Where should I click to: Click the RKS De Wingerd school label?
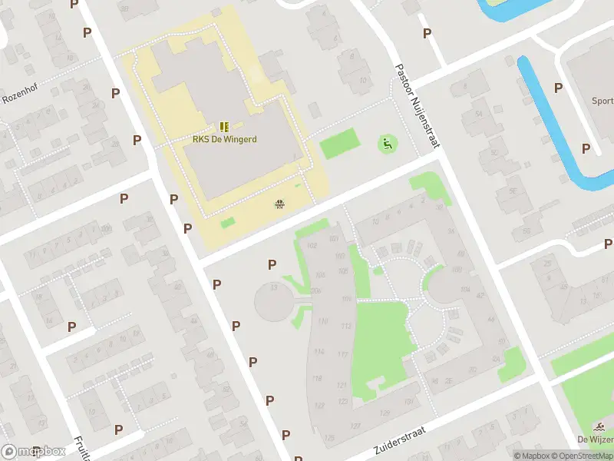(224, 139)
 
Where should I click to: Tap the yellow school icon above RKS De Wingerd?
(224, 126)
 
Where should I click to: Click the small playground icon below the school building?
(279, 204)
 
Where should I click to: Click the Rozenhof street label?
(19, 97)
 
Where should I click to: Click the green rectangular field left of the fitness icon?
(339, 144)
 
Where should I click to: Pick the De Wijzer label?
(595, 439)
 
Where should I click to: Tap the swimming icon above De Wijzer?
(598, 426)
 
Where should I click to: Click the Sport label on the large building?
(602, 101)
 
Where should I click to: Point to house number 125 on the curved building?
(329, 437)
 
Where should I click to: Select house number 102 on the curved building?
(311, 245)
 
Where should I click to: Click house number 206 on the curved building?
(315, 290)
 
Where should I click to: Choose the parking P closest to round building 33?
(272, 265)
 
